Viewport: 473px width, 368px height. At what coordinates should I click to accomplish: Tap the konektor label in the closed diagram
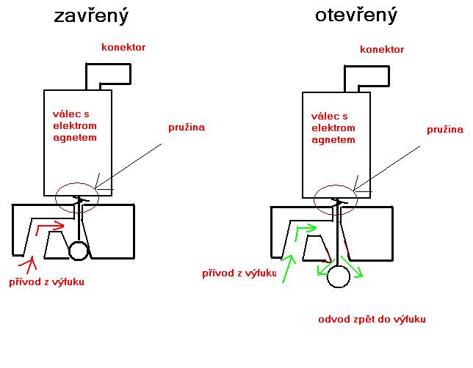pos(123,48)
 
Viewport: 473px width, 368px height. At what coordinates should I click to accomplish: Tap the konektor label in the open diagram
pos(383,50)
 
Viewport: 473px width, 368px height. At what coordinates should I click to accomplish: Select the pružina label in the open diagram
pos(445,129)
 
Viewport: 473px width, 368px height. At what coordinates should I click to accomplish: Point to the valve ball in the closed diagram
pos(78,251)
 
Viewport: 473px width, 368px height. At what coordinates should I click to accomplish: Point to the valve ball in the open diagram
pos(338,276)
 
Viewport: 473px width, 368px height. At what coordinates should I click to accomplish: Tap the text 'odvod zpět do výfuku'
pos(372,320)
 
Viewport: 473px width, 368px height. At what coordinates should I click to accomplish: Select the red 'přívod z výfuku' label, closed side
pos(46,281)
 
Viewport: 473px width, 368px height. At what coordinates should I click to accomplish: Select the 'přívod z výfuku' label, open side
pos(239,274)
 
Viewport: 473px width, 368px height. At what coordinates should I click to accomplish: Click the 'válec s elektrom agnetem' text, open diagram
pos(333,128)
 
